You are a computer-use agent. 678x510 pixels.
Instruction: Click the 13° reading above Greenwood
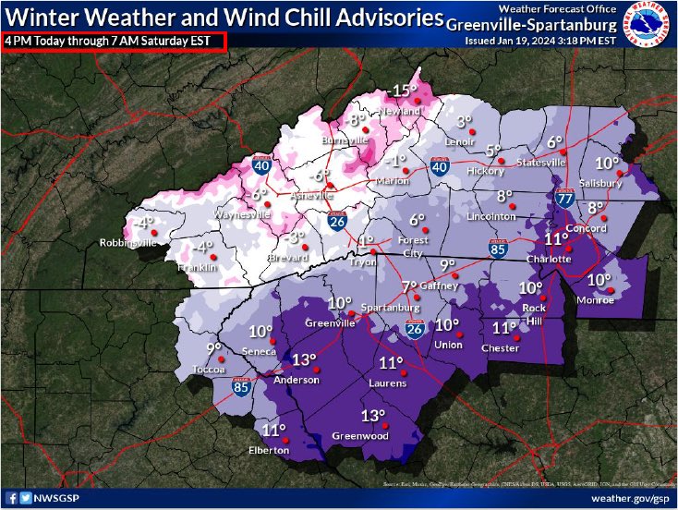(373, 416)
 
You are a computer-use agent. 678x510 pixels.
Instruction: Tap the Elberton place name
(269, 451)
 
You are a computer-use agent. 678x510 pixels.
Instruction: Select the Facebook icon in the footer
(9, 499)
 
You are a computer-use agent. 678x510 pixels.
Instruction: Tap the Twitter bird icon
(24, 499)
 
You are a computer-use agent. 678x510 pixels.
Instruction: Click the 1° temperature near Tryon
(365, 241)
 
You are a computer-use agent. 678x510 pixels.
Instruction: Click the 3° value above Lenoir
(465, 121)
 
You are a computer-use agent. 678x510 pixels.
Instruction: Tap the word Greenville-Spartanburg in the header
(527, 24)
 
